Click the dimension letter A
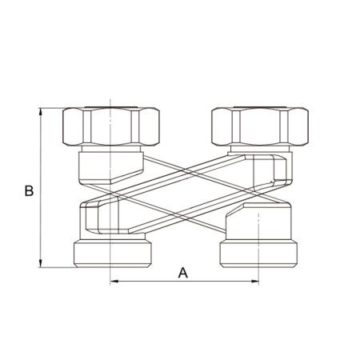click(183, 273)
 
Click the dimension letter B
click(29, 190)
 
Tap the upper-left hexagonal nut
click(111, 126)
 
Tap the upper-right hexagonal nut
click(260, 126)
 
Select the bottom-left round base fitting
click(113, 253)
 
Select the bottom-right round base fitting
click(258, 253)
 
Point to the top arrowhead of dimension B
click(41, 112)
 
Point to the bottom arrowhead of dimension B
click(41, 263)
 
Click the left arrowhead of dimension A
click(114, 281)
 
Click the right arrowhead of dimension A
click(255, 281)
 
